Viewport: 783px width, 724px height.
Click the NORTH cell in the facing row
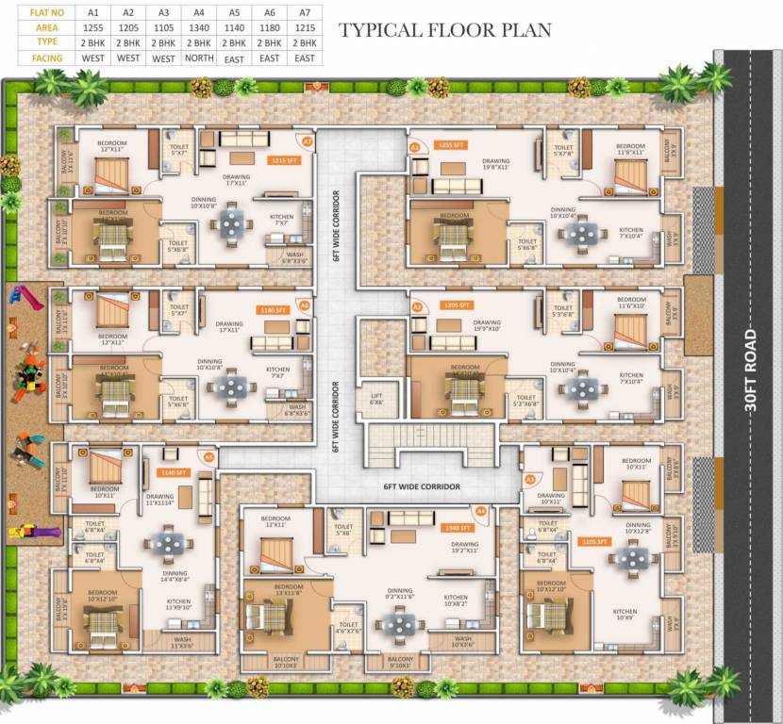[198, 58]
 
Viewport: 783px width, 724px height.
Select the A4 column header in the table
[198, 12]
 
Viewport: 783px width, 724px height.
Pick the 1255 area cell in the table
[92, 28]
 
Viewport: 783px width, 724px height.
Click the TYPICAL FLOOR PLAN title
[444, 30]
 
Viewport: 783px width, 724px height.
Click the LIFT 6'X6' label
[375, 397]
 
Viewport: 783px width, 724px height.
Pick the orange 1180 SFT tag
[271, 308]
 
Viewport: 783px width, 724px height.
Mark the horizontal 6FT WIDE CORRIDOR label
[422, 486]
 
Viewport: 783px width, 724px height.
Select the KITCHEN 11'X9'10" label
[178, 604]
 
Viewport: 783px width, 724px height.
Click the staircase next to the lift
[429, 437]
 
